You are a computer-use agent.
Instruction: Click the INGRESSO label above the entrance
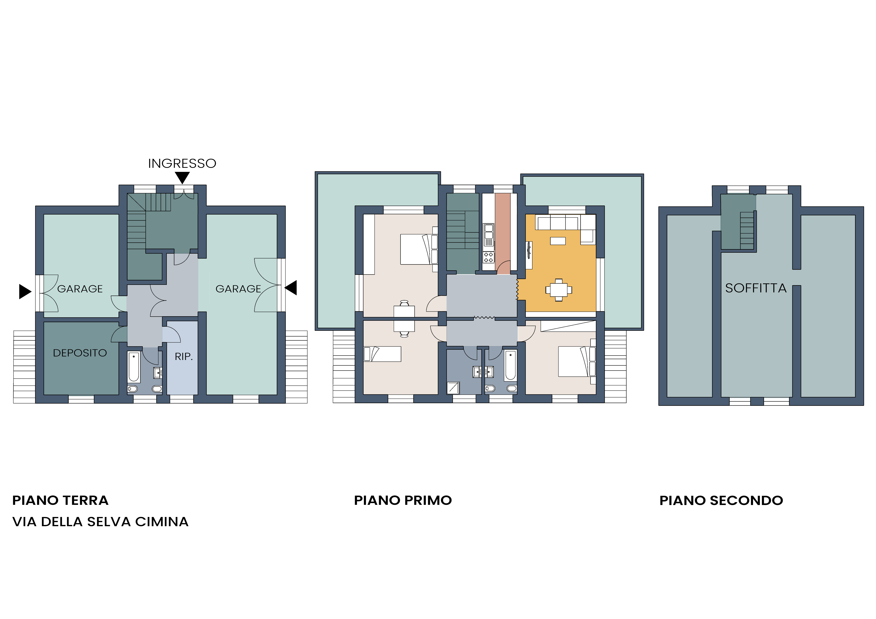182,164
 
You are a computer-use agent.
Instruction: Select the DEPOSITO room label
80,353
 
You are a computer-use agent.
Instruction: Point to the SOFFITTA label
756,288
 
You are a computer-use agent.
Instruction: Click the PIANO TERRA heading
60,500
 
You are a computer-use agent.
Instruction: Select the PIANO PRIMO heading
403,500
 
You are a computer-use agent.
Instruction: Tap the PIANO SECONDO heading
721,500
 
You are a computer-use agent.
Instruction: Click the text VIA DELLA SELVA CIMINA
100,522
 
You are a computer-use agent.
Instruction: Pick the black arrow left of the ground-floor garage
25,292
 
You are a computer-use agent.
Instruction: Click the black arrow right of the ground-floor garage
291,288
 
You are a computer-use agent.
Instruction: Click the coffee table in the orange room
558,241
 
